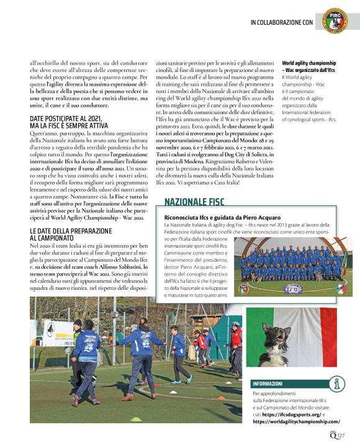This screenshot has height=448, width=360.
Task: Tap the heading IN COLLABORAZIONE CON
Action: click(x=281, y=22)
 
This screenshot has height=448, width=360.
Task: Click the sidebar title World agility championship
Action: click(x=309, y=63)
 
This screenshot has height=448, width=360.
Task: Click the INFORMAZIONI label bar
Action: click(x=268, y=383)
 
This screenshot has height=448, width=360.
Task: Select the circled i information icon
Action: click(x=337, y=383)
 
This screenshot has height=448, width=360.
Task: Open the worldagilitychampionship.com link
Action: click(x=296, y=421)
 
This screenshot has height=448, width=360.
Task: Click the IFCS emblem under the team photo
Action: click(x=292, y=288)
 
